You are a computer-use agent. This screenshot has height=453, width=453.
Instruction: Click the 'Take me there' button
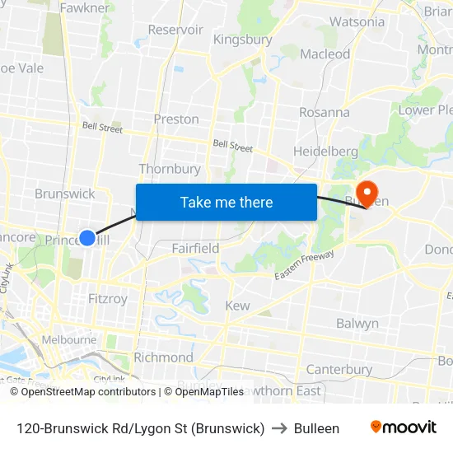click(226, 202)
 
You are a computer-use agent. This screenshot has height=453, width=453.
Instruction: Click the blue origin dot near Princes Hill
click(87, 238)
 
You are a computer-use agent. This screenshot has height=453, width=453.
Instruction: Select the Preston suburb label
click(176, 119)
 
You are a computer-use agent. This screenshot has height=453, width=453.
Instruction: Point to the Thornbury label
click(170, 169)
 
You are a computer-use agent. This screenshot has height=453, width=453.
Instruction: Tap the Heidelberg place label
click(325, 152)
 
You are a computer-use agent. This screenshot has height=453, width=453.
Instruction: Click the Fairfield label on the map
click(195, 248)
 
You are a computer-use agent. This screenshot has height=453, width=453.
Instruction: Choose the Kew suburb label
click(237, 306)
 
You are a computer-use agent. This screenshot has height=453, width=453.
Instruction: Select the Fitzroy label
click(108, 299)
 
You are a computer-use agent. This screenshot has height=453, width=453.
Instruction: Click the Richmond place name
click(163, 357)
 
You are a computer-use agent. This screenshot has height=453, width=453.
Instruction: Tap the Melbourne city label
click(69, 339)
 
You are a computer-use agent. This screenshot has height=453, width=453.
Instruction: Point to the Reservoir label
click(175, 30)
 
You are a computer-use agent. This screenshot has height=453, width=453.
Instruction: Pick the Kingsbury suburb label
click(242, 40)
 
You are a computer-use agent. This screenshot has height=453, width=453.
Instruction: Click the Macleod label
click(325, 54)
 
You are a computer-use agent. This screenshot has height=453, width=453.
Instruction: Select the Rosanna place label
click(324, 112)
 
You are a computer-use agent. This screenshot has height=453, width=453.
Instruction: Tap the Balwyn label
click(357, 324)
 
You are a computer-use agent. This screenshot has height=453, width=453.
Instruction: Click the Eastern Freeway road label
click(305, 264)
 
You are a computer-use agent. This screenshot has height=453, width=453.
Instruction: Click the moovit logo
click(404, 427)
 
